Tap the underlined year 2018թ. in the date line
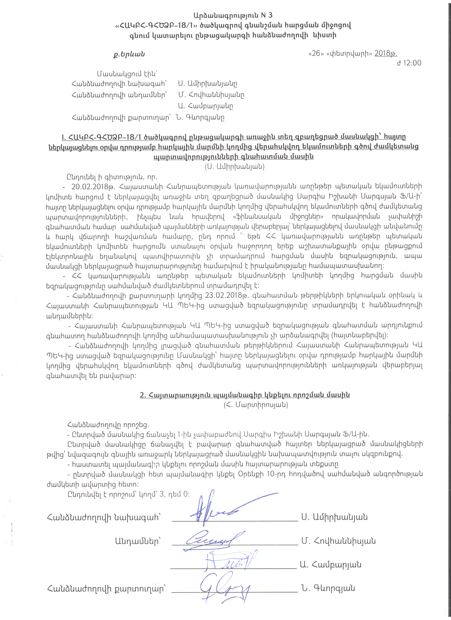(x=386, y=54)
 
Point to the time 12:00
(x=412, y=63)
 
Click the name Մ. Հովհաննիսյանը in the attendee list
(x=211, y=95)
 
